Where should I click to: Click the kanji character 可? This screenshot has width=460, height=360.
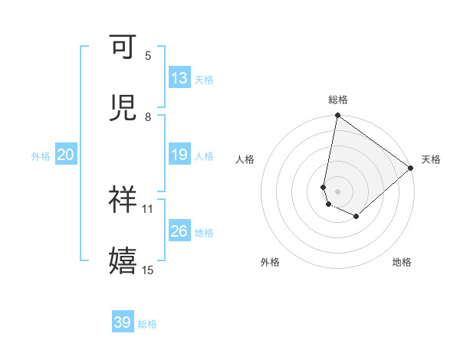pyautogui.click(x=123, y=47)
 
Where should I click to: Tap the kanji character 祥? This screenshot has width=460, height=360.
pyautogui.click(x=123, y=199)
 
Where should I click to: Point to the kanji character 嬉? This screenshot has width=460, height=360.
pyautogui.click(x=123, y=260)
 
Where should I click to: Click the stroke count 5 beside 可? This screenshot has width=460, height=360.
pyautogui.click(x=148, y=56)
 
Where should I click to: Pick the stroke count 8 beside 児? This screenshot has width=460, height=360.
pyautogui.click(x=148, y=116)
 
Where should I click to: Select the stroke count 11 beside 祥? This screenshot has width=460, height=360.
pyautogui.click(x=148, y=208)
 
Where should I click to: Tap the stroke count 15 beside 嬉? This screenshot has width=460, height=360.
pyautogui.click(x=148, y=270)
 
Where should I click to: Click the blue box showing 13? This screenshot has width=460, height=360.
pyautogui.click(x=179, y=78)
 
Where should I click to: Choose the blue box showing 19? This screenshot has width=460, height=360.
pyautogui.click(x=179, y=155)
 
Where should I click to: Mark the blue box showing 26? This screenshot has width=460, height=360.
pyautogui.click(x=179, y=231)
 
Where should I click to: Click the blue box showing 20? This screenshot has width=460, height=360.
pyautogui.click(x=65, y=155)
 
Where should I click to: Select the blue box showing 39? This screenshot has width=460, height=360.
pyautogui.click(x=122, y=322)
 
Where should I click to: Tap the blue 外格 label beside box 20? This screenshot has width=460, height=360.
pyautogui.click(x=41, y=156)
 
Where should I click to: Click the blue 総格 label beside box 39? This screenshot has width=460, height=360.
pyautogui.click(x=147, y=324)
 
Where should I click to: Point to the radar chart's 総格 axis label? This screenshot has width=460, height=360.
pyautogui.click(x=338, y=100)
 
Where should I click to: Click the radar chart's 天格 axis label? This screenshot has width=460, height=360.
pyautogui.click(x=431, y=159)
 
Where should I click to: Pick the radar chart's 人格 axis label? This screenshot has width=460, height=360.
pyautogui.click(x=245, y=159)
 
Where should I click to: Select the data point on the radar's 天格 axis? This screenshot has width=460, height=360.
pyautogui.click(x=411, y=168)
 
